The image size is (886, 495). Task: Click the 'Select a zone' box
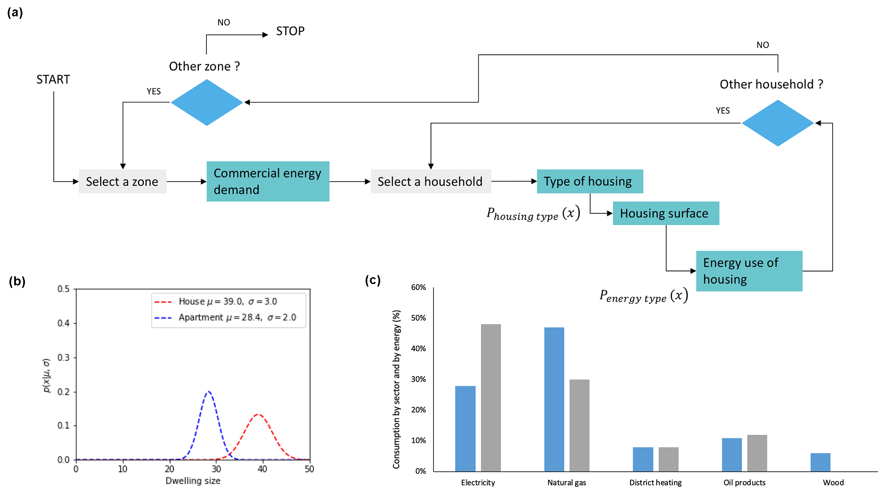tap(123, 181)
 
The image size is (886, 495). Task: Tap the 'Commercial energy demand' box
tap(268, 181)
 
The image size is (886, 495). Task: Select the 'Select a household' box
tap(431, 181)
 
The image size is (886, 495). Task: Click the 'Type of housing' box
tap(590, 181)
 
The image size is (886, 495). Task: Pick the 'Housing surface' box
tap(665, 213)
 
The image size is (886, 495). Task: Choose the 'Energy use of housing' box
tap(749, 271)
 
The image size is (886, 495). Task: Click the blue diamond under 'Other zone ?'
tap(207, 102)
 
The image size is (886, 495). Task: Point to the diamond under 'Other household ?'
tap(778, 123)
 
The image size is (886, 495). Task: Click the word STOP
tap(290, 31)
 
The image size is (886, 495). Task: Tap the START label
tap(53, 80)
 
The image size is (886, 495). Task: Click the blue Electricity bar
tap(465, 428)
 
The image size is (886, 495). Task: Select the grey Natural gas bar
tap(579, 425)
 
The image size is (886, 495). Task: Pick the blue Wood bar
tap(820, 462)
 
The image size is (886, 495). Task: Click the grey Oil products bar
tap(757, 453)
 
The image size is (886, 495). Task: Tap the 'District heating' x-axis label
tap(655, 483)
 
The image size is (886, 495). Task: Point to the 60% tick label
tap(418, 287)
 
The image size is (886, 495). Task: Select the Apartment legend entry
tap(237, 317)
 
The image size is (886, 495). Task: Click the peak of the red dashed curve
tap(258, 415)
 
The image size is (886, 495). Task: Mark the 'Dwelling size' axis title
tap(193, 481)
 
